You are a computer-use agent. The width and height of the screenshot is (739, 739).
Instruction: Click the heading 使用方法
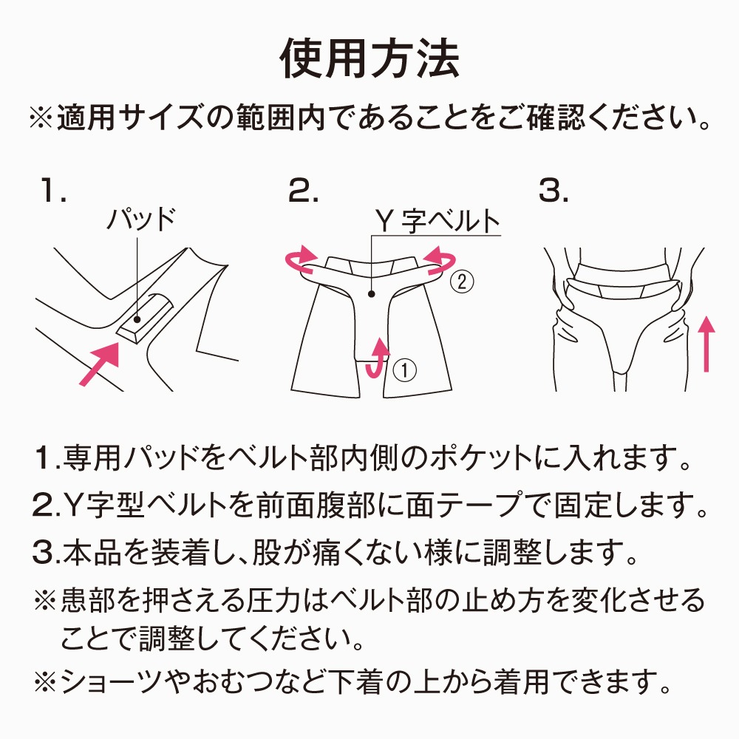pos(370,58)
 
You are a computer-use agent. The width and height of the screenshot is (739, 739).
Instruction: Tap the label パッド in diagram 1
pos(141,219)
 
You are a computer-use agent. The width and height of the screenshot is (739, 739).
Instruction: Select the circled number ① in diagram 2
pos(404,370)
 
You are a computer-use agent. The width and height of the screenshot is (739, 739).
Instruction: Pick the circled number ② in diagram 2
pos(462,282)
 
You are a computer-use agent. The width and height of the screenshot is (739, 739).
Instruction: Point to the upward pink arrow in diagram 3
pos(706,344)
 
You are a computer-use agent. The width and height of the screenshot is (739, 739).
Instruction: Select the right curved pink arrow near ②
pos(440,259)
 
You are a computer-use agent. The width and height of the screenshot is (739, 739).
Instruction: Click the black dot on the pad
pos(137,319)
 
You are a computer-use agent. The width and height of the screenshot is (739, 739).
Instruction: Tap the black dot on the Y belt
pos(372,294)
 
